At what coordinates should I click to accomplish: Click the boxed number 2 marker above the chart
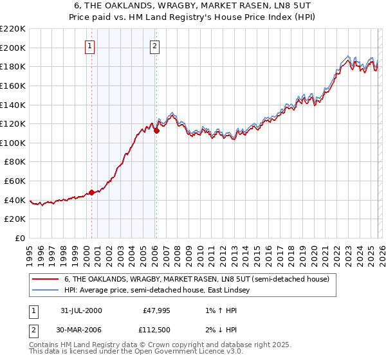click(x=156, y=46)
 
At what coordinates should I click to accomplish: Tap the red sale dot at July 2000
click(x=91, y=192)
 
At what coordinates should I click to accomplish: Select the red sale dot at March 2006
click(x=156, y=130)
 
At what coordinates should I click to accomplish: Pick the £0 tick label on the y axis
click(x=21, y=238)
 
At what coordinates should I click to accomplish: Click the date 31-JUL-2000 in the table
click(x=81, y=310)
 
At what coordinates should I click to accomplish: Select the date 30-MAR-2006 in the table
click(x=81, y=330)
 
